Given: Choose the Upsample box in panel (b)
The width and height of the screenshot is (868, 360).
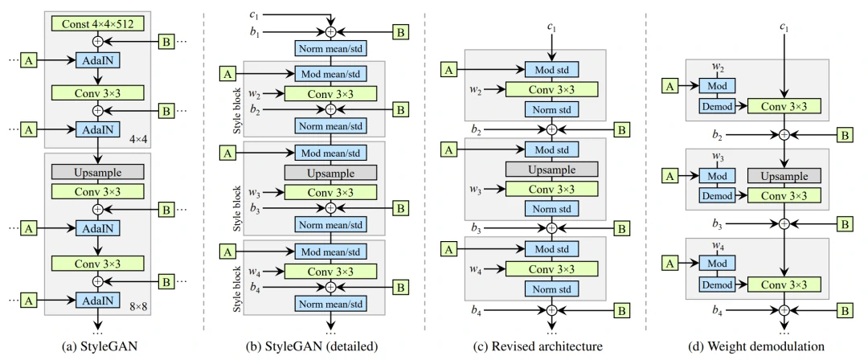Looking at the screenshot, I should [330, 171].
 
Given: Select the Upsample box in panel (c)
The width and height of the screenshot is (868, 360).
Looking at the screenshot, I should [551, 170].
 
